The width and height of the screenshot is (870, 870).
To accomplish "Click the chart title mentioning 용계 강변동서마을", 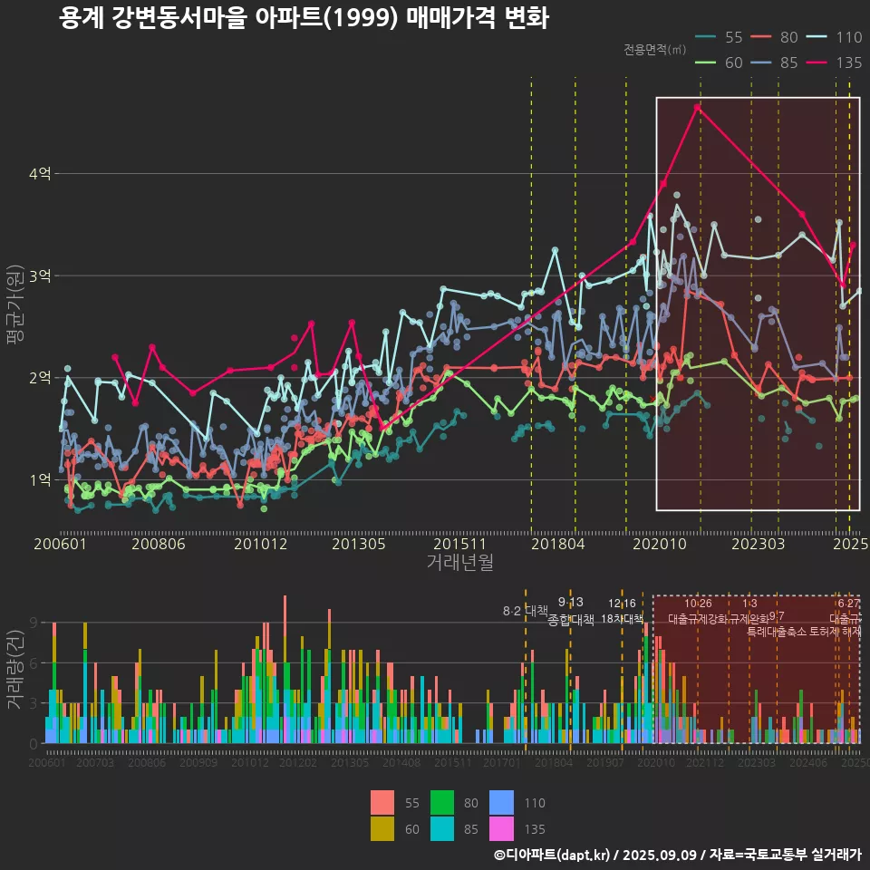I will pos(304,18).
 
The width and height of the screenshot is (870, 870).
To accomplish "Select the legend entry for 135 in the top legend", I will pos(835,63).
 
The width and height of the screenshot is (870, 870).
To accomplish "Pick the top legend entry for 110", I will pos(835,37).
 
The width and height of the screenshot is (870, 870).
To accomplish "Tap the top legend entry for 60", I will pos(720,63).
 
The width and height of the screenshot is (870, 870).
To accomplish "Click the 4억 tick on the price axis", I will pos(39,173).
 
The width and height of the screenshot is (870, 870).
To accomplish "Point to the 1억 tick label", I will pos(39,479).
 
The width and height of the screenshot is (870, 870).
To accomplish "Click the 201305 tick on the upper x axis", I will pos(359,544).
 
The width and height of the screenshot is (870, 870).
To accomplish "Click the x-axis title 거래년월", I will pos(459,562).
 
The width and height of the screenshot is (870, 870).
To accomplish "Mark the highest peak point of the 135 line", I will pos(697,107).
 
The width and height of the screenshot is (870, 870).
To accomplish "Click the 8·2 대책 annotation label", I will pos(526,611).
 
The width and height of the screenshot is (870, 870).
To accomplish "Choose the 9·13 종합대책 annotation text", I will pos(571,612).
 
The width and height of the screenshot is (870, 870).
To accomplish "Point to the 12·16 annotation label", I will pos(622,604).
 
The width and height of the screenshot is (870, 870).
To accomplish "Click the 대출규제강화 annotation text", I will pos(697,618).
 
